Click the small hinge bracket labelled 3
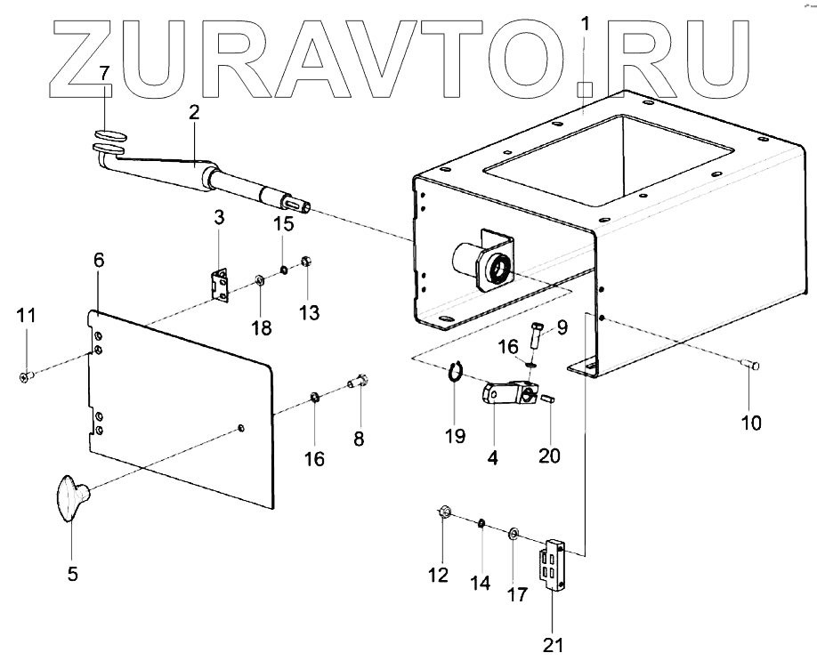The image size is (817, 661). (219, 285)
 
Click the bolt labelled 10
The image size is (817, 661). (748, 364)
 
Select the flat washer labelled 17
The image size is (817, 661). (514, 534)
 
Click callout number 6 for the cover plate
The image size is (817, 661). (98, 260)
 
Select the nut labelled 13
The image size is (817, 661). (304, 262)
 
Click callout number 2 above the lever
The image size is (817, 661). (194, 113)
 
